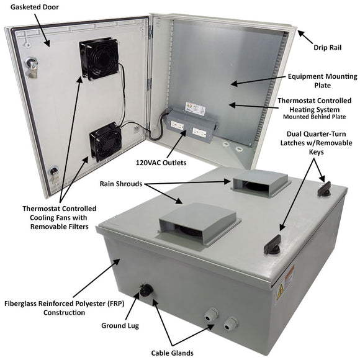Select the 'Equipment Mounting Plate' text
pyautogui.click(x=322, y=81)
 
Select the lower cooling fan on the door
pyautogui.click(x=105, y=142)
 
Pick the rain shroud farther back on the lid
pyautogui.click(x=261, y=182)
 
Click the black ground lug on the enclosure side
pyautogui.click(x=146, y=290)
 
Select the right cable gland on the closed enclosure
pyautogui.click(x=230, y=323)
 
